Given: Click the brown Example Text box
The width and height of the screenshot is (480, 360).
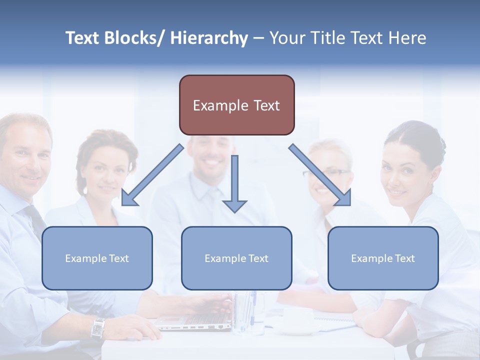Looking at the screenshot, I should (236, 105).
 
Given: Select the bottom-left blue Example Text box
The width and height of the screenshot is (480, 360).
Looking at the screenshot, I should (97, 258).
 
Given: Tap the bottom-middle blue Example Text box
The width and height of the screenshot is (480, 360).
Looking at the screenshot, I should (236, 258).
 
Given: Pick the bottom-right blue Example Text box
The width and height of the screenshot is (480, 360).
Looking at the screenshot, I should (383, 258).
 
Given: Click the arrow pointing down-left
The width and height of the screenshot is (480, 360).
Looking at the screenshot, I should (152, 175).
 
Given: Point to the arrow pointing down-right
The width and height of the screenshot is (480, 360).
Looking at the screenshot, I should (320, 175).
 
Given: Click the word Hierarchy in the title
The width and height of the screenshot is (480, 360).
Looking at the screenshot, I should (209, 38).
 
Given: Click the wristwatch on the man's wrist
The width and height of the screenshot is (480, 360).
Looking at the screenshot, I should (98, 327).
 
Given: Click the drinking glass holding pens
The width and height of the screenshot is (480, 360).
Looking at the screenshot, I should (249, 312).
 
